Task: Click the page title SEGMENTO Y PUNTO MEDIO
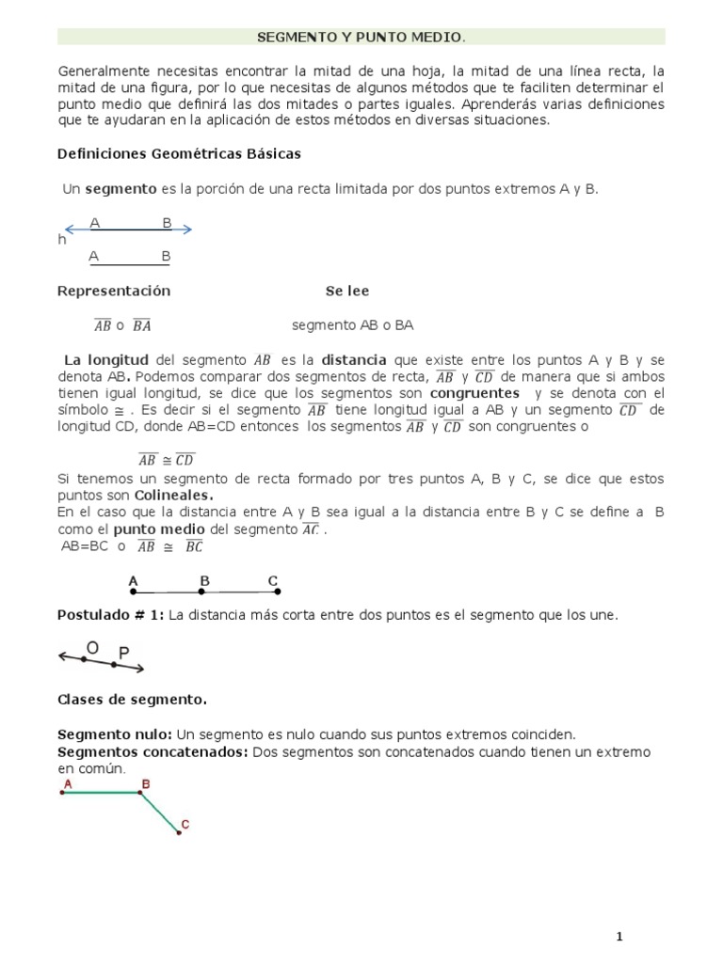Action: (x=361, y=37)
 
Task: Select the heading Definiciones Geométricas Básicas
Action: (x=179, y=153)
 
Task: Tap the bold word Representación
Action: (x=114, y=292)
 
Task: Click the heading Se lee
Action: (x=346, y=292)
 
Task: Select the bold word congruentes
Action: (x=474, y=393)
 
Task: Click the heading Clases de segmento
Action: (x=133, y=700)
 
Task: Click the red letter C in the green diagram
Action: (x=185, y=825)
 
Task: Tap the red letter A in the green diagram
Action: (x=68, y=782)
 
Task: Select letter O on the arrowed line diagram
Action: (x=91, y=647)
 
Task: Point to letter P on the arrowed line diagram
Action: (x=124, y=652)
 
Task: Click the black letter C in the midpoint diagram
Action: (x=273, y=581)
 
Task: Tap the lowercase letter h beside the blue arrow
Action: (x=62, y=240)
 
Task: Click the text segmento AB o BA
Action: (x=352, y=325)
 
